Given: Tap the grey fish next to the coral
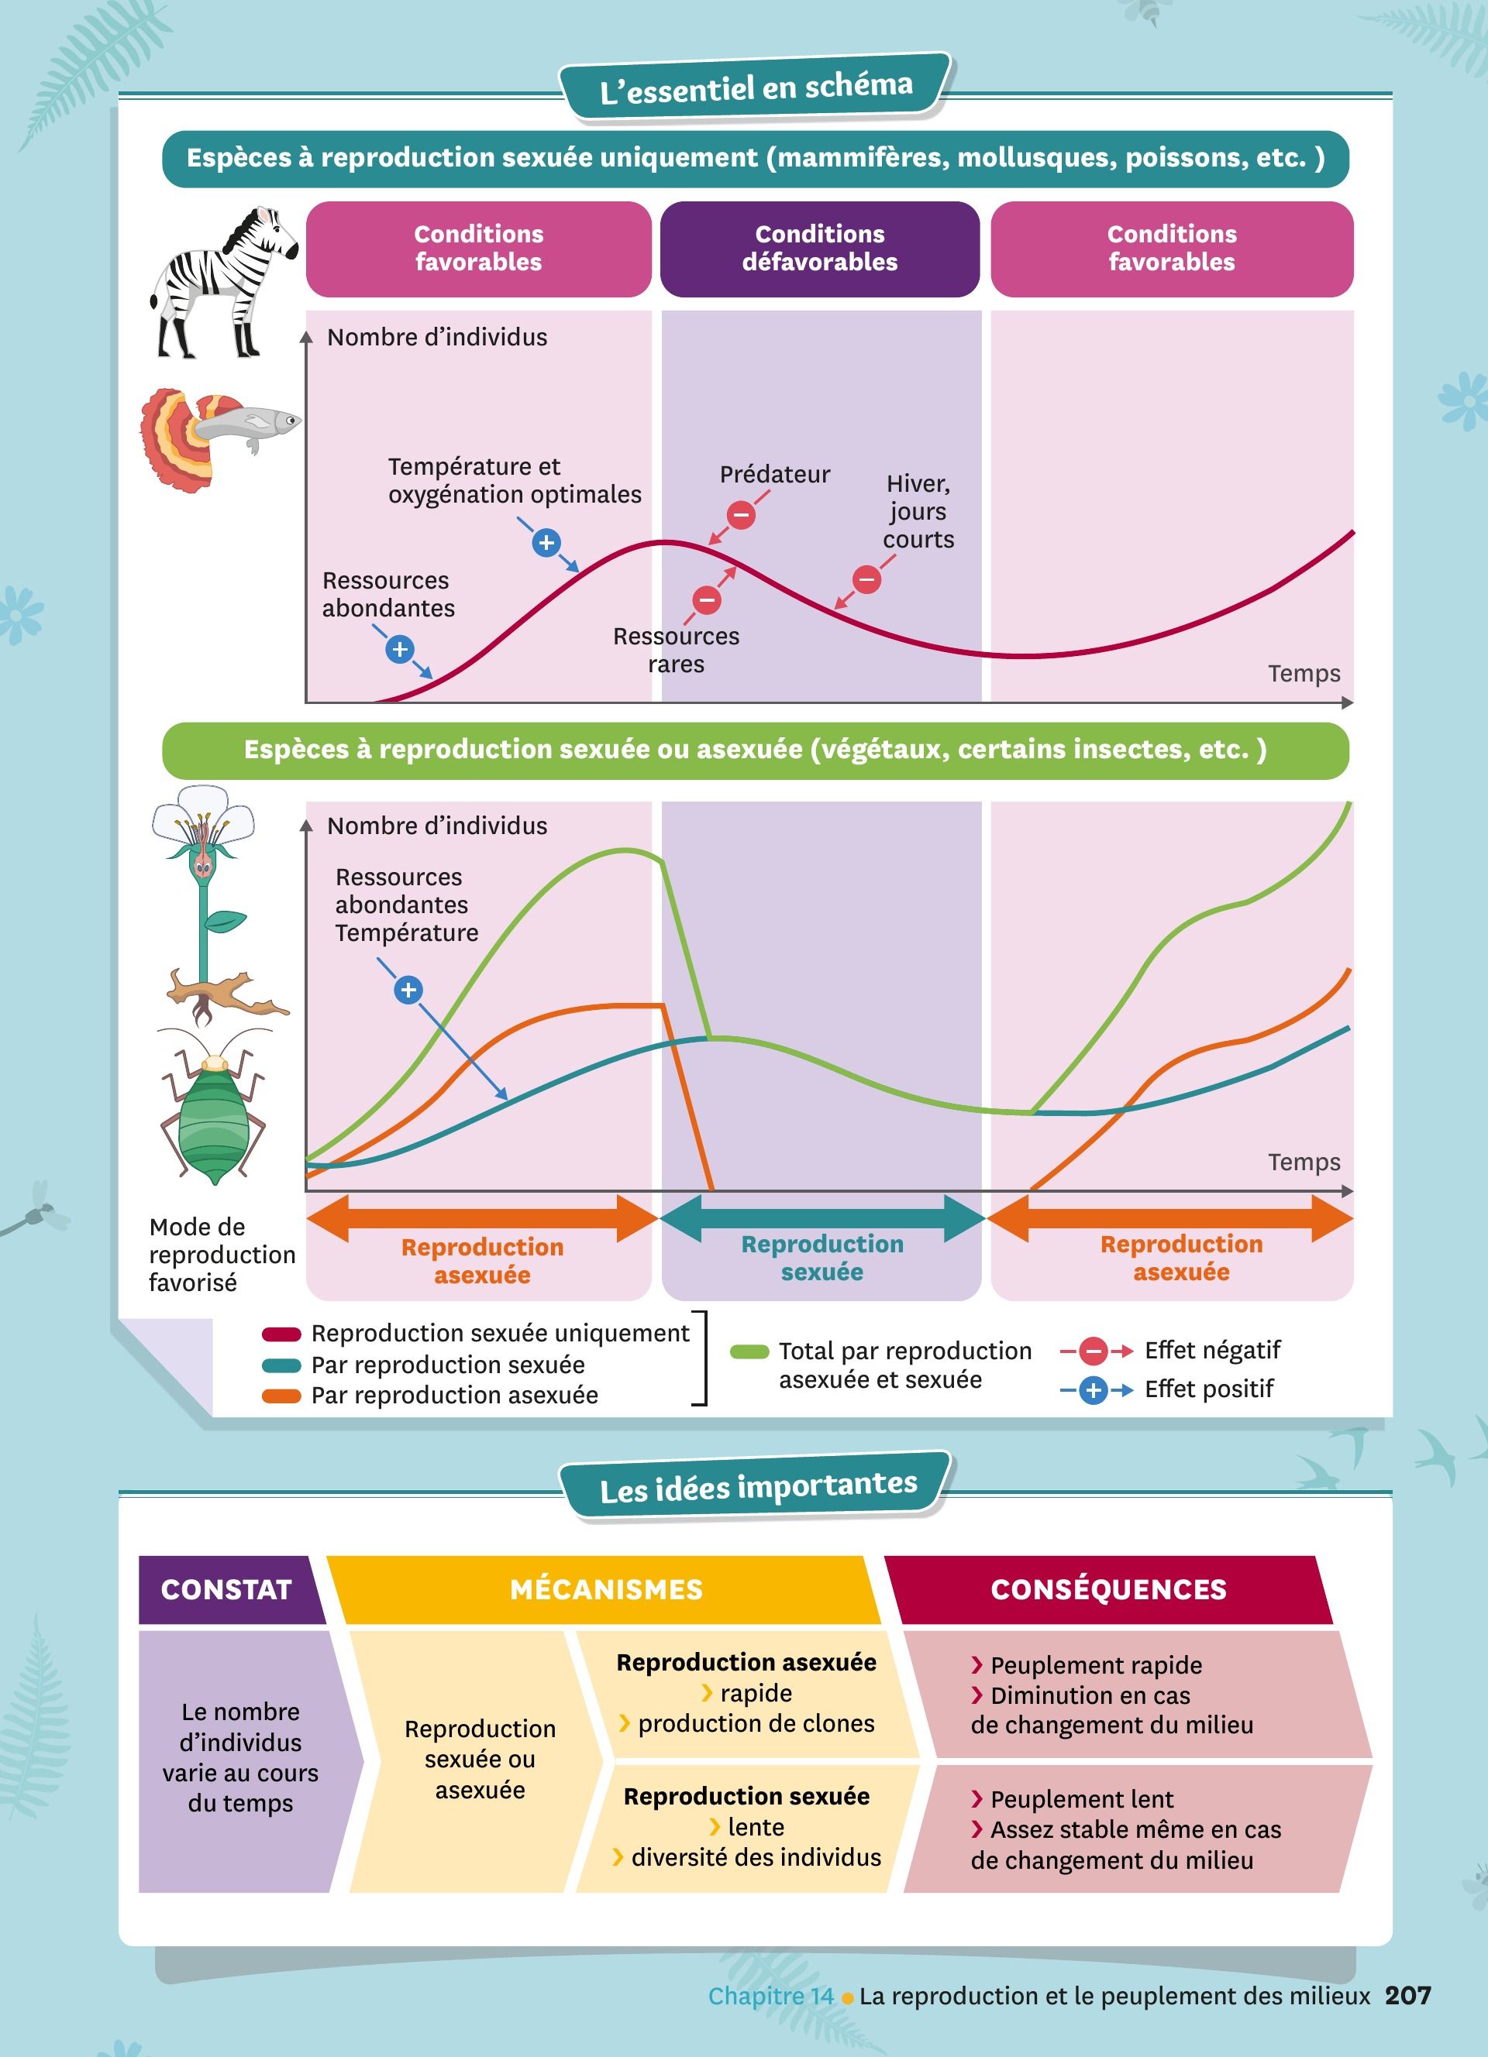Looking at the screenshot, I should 250,424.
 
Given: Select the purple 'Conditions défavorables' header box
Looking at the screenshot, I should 819,249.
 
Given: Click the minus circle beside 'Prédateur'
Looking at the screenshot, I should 741,515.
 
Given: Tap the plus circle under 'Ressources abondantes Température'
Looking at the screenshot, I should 408,990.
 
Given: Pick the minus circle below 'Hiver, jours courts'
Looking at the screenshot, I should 866,579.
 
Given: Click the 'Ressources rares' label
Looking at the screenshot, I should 676,649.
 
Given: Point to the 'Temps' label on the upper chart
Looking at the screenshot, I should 1304,673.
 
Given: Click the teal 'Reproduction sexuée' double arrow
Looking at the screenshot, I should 822,1218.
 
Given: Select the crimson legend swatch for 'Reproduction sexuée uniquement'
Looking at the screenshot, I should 281,1334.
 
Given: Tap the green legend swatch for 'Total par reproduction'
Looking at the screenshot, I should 749,1352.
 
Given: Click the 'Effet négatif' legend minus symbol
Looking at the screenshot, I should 1094,1351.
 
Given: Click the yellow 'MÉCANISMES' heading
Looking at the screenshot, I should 606,1589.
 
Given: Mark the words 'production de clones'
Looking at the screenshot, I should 756,1723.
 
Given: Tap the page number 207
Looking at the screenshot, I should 1408,1995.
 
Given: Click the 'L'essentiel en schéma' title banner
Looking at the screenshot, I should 756,87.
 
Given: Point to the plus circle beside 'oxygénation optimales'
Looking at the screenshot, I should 546,542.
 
